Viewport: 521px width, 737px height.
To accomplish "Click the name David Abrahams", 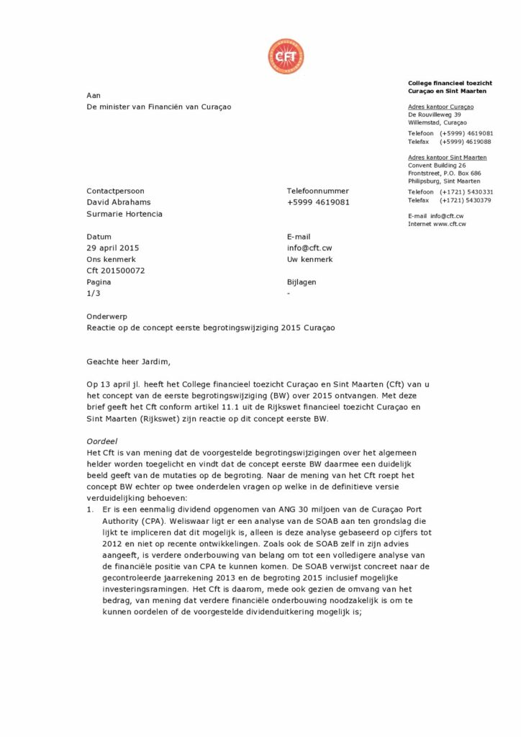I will pos(119,202).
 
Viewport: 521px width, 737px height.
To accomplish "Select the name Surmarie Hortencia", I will pos(124,214).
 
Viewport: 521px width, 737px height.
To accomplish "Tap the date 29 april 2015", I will pos(113,248).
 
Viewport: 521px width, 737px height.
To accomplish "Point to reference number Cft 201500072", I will pos(116,271).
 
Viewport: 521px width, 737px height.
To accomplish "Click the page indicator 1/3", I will pos(94,294).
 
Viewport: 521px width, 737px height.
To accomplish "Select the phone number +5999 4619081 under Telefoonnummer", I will pos(318,202).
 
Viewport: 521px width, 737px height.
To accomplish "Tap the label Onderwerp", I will pos(107,317).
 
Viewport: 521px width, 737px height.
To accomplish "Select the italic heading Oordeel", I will pos(101,440).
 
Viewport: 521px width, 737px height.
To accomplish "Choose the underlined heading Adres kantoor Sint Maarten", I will pos(447,157).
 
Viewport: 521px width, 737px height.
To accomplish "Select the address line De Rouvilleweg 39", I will pos(434,114).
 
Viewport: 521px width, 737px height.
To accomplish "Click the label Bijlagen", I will pos(301,283).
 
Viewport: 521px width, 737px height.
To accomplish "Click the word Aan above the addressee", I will pos(94,95).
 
